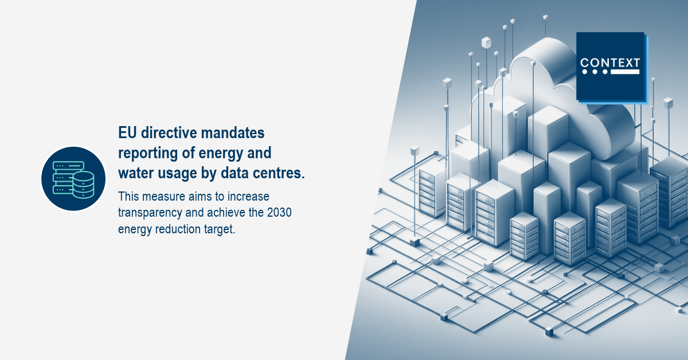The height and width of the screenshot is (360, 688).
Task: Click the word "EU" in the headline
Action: [x=127, y=132]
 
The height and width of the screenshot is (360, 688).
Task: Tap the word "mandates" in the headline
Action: [x=233, y=132]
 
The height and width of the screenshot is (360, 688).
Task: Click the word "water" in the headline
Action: [x=136, y=173]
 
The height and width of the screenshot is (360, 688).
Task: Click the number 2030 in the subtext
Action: [x=279, y=213]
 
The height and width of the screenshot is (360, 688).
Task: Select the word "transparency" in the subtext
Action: [x=150, y=213]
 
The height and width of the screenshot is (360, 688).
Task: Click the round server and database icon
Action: [x=73, y=179]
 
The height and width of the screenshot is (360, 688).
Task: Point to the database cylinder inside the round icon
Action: [x=84, y=185]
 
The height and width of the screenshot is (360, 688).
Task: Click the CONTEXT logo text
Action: [x=610, y=62]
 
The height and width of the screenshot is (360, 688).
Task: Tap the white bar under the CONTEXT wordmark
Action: [x=625, y=72]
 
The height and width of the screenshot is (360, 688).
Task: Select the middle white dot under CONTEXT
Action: [x=595, y=72]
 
